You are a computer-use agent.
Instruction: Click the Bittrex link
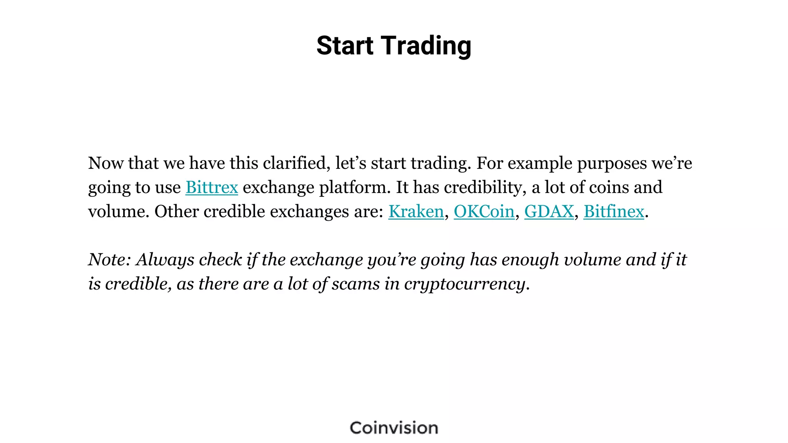pyautogui.click(x=212, y=188)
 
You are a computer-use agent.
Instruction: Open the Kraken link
pyautogui.click(x=416, y=212)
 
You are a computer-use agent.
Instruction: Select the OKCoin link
pyautogui.click(x=484, y=212)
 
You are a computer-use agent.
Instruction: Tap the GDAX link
pyautogui.click(x=549, y=212)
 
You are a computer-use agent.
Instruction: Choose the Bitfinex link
pyautogui.click(x=614, y=212)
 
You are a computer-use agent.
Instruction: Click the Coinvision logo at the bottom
pyautogui.click(x=394, y=428)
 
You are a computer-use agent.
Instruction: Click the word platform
pyautogui.click(x=355, y=188)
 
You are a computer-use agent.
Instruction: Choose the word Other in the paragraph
pyautogui.click(x=177, y=212)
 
